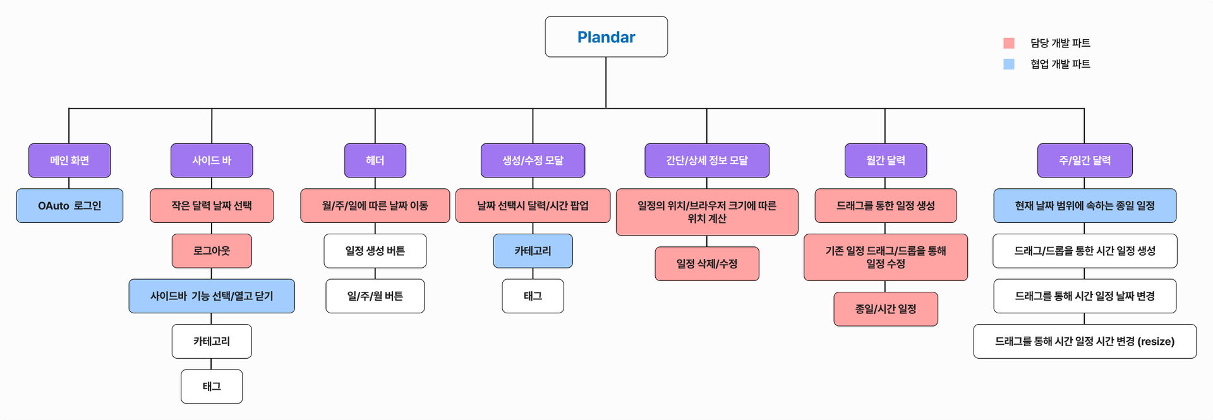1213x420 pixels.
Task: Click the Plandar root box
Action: coord(606,37)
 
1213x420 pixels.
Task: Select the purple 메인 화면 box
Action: coord(69,160)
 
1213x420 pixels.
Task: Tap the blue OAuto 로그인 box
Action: coord(69,206)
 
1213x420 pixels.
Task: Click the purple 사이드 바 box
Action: coord(212,160)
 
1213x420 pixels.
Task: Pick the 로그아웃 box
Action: coord(212,251)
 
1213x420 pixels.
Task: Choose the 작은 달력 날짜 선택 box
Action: coord(212,206)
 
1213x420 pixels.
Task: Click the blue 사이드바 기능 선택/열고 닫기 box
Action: coord(212,296)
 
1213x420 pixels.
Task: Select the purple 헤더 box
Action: coord(375,160)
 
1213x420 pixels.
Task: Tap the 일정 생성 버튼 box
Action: coord(375,251)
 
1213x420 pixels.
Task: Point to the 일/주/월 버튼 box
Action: coord(375,296)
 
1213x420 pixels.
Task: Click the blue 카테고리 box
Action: coord(533,251)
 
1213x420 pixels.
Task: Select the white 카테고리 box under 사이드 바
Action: coord(212,341)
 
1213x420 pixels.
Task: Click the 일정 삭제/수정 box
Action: coord(707,264)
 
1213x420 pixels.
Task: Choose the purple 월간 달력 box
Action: coord(886,160)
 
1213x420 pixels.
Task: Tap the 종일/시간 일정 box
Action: coord(886,309)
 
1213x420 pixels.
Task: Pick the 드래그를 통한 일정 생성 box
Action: coord(886,206)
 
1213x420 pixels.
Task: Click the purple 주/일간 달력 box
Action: coord(1085,160)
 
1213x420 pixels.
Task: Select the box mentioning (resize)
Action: coord(1085,341)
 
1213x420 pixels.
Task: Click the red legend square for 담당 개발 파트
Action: coord(1009,43)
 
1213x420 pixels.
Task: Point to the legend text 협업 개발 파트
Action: coord(1060,64)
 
